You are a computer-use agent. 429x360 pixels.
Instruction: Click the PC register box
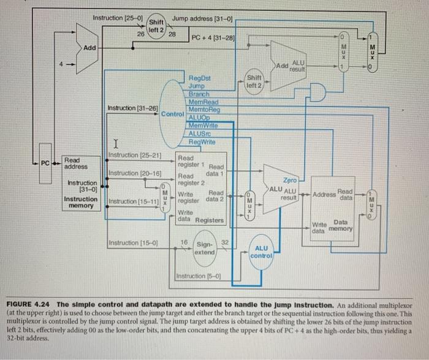(45, 163)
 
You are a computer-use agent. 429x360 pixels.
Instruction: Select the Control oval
(173, 113)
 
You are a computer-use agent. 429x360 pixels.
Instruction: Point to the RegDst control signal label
(200, 79)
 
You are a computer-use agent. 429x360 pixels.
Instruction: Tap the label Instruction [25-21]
(134, 154)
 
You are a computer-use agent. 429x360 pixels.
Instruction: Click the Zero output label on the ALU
(290, 181)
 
